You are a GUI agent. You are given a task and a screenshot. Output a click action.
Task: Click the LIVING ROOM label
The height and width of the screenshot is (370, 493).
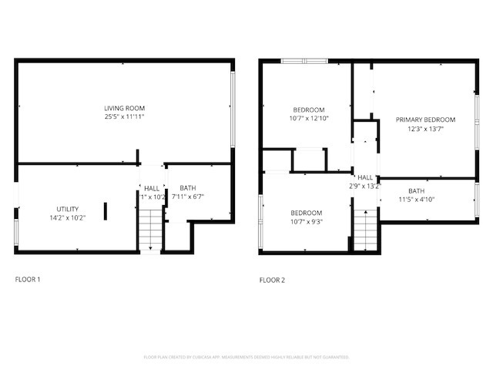pos(125,108)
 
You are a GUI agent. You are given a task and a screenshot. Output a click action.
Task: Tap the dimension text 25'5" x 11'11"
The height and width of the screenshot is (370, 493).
pos(125,117)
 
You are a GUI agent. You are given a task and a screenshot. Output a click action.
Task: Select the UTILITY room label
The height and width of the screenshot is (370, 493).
pos(67,209)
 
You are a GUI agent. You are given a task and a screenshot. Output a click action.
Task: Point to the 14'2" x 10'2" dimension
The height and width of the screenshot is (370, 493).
pos(67,218)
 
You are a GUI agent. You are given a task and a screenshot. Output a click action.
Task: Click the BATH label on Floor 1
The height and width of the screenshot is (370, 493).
pos(187,188)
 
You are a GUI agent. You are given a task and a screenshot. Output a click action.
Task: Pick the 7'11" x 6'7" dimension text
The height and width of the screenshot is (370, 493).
pos(187,197)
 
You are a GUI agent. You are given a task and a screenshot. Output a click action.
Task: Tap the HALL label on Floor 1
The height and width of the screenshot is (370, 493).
pos(152,188)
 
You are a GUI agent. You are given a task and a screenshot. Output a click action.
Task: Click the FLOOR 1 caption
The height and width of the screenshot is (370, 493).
pos(28,279)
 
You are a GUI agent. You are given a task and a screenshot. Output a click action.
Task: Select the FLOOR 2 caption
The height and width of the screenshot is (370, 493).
pos(272,280)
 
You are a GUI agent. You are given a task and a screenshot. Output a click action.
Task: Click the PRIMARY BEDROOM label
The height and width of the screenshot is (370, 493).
pos(425,119)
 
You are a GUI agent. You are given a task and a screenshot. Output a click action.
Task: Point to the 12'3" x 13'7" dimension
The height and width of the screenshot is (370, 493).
pos(425,129)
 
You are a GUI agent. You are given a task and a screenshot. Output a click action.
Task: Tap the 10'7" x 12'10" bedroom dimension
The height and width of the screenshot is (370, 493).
pos(308,119)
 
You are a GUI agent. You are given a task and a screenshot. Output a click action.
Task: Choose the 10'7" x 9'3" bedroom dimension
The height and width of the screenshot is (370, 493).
pos(306,222)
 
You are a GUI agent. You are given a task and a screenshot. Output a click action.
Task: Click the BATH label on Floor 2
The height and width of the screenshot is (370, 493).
pos(416,191)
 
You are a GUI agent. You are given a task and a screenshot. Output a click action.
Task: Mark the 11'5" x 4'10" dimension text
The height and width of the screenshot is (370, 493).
pos(416,200)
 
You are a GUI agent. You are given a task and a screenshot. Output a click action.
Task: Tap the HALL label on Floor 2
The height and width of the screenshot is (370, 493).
pos(365,177)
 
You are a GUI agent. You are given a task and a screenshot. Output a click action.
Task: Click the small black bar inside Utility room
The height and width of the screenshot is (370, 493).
pos(106,211)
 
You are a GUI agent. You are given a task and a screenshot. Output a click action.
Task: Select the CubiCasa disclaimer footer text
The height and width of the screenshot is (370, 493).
pos(246,357)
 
